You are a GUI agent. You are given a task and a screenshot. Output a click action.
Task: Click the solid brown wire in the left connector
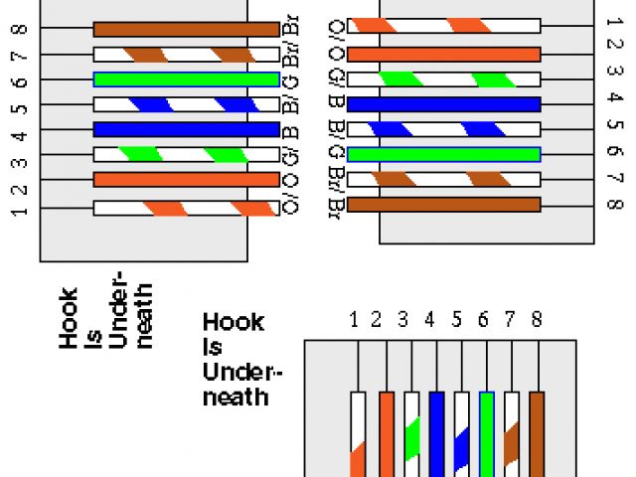tap(186, 30)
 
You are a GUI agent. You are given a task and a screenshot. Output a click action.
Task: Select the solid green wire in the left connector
tap(186, 79)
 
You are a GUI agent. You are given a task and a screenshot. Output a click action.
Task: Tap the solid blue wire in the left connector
tap(186, 129)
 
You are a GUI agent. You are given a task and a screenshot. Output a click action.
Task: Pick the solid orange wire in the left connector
tap(186, 179)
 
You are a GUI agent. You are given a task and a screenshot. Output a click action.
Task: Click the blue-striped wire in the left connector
tap(186, 104)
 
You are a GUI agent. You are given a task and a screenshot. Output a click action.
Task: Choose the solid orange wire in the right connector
tap(443, 55)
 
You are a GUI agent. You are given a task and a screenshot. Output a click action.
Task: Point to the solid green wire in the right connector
tap(443, 154)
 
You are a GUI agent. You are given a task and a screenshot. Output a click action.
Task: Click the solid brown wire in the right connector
tap(443, 204)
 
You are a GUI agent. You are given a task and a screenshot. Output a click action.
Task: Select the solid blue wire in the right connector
tap(443, 104)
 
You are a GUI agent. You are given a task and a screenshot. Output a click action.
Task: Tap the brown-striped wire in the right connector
tap(443, 179)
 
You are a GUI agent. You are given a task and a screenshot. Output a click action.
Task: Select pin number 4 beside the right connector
tap(613, 98)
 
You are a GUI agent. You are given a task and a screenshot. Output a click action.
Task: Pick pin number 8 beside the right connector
tap(613, 205)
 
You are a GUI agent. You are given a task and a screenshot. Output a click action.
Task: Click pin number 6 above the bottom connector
tap(483, 320)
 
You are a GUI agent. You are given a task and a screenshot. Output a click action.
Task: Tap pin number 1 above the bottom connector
tap(354, 320)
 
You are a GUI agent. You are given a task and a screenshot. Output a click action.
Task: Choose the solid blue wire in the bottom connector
tap(436, 432)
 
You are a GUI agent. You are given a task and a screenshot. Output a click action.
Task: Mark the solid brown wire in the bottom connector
tap(538, 432)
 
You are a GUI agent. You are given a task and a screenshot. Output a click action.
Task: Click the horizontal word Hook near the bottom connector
tap(234, 322)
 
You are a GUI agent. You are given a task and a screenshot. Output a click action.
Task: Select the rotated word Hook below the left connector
tap(69, 317)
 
